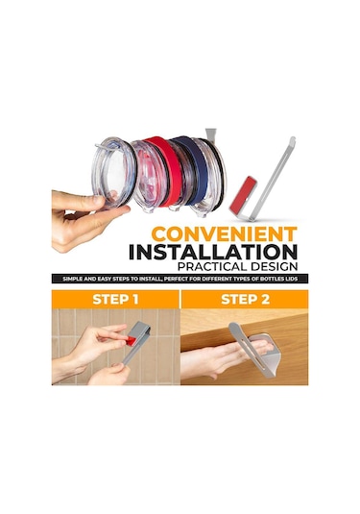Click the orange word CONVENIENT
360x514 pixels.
pos(225,234)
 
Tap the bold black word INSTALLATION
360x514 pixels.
pos(213,252)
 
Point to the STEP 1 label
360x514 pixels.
pos(115,300)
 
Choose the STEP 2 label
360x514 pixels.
pos(246,300)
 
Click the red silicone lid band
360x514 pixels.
pos(165,170)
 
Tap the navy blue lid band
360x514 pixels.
pos(193,169)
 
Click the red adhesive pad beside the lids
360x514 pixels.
pos(243,194)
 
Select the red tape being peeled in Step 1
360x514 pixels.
pos(131,341)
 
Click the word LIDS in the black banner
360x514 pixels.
pos(291,280)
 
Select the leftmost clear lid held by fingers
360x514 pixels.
pos(113,172)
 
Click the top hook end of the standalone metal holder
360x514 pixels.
pos(292,139)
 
